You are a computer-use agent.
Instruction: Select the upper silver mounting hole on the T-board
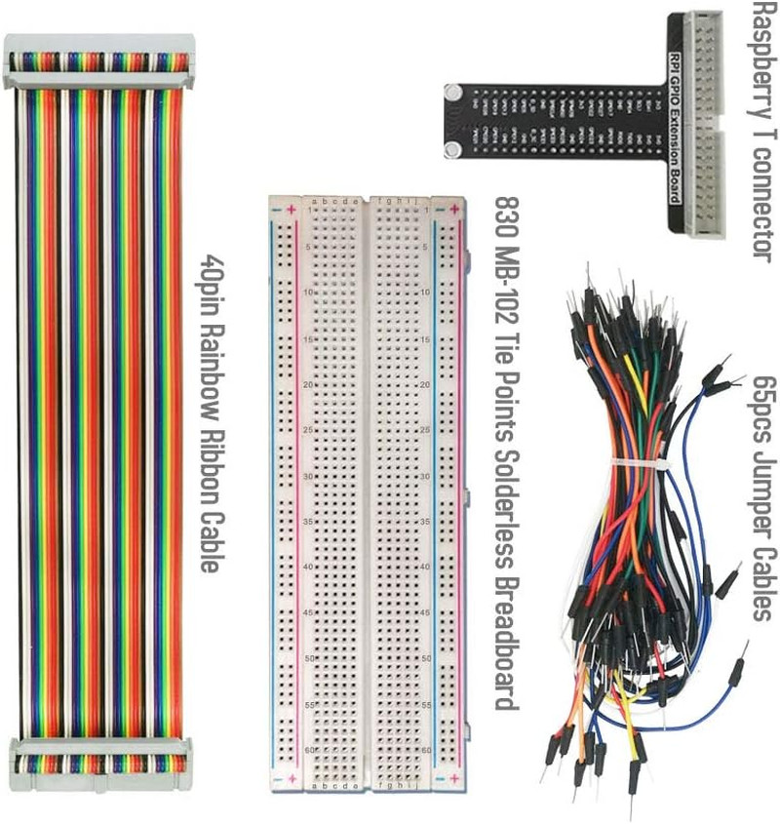pyautogui.click(x=452, y=94)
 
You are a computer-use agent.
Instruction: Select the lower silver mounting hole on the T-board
pyautogui.click(x=452, y=148)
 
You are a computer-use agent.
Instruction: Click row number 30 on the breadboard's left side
pyautogui.click(x=309, y=476)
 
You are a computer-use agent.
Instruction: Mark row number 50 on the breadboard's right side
pyautogui.click(x=426, y=658)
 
